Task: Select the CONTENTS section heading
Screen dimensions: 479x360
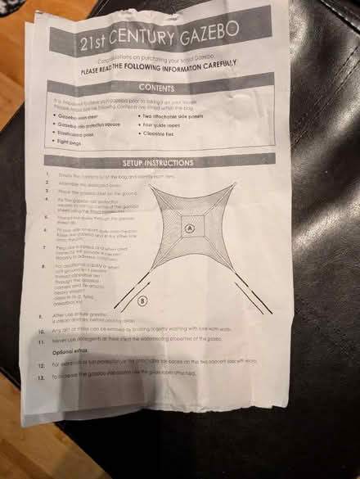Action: pyautogui.click(x=160, y=86)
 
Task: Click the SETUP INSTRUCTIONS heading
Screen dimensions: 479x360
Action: pyautogui.click(x=155, y=161)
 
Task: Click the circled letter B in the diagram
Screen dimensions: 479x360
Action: pyautogui.click(x=144, y=301)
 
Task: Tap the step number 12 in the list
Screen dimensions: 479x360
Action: pyautogui.click(x=42, y=364)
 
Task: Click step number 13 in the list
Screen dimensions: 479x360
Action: pyautogui.click(x=42, y=376)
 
